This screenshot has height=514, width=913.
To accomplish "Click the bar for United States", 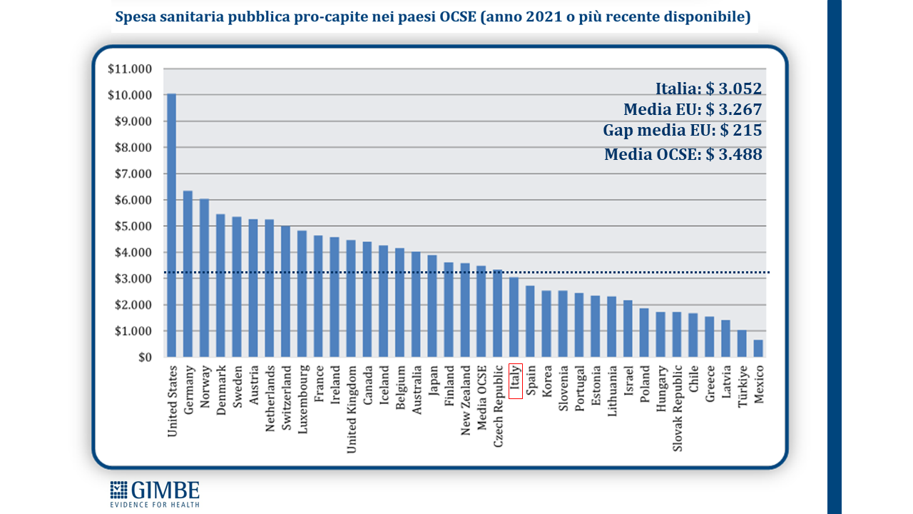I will click(x=171, y=225).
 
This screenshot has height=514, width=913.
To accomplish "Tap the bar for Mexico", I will click(x=758, y=348).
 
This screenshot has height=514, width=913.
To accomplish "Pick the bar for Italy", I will click(x=514, y=318).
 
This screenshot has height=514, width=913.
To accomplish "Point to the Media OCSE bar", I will click(x=481, y=311).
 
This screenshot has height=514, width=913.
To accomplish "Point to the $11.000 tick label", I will click(x=130, y=69).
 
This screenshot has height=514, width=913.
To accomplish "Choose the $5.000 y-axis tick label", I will click(x=130, y=226).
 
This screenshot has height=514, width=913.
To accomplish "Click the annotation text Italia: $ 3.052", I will click(x=708, y=89).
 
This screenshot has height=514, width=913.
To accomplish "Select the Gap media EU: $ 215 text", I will click(x=682, y=131).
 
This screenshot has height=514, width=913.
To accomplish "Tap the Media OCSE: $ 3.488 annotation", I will click(x=683, y=154).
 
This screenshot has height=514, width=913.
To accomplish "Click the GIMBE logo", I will click(x=155, y=493).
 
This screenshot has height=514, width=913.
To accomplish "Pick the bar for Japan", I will click(x=432, y=306).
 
